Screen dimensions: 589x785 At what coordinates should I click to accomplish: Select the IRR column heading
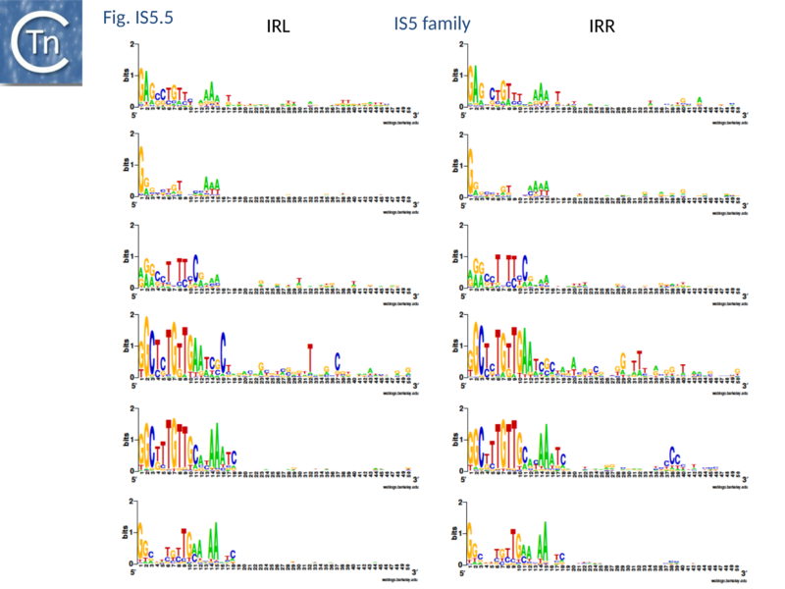tap(602, 27)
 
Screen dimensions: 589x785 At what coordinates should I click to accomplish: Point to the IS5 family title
tap(432, 24)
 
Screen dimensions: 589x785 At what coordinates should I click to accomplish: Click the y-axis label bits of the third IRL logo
tap(125, 258)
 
